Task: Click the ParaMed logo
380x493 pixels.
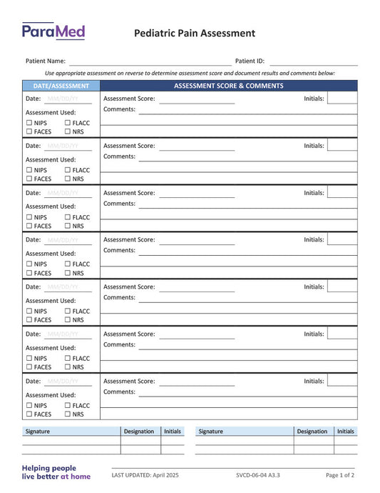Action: pyautogui.click(x=53, y=31)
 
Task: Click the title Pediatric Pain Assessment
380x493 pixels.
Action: pyautogui.click(x=195, y=33)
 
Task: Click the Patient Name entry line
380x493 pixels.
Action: pyautogui.click(x=150, y=61)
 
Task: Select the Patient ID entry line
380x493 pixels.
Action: pyautogui.click(x=313, y=61)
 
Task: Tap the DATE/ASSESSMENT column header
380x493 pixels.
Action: pyautogui.click(x=61, y=86)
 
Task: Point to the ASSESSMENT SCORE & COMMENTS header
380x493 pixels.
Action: pyautogui.click(x=228, y=86)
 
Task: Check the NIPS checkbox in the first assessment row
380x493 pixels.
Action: pyautogui.click(x=29, y=123)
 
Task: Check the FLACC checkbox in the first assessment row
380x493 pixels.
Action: pyautogui.click(x=68, y=123)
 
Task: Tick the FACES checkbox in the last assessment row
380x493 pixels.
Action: pyautogui.click(x=29, y=414)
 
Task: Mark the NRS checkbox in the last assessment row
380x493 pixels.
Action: pyautogui.click(x=68, y=414)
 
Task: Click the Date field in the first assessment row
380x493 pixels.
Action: pyautogui.click(x=68, y=99)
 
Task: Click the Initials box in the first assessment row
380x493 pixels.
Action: pyautogui.click(x=342, y=99)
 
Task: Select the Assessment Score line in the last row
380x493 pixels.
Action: pyautogui.click(x=196, y=382)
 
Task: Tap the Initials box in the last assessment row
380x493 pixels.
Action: pyautogui.click(x=342, y=382)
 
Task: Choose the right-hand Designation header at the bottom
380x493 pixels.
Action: pyautogui.click(x=312, y=432)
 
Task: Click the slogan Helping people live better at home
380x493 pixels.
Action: pyautogui.click(x=56, y=472)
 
